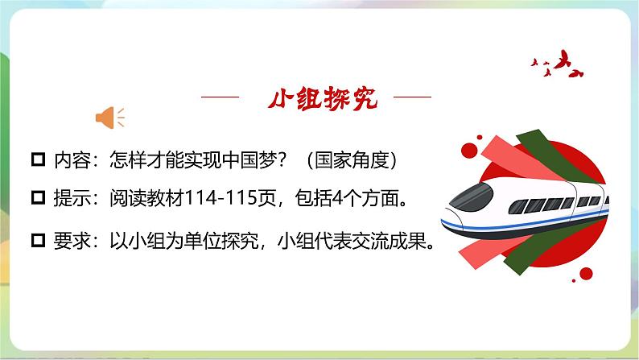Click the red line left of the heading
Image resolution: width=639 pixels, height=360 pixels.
(x=220, y=97)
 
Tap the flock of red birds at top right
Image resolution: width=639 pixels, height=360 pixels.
(x=554, y=62)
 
